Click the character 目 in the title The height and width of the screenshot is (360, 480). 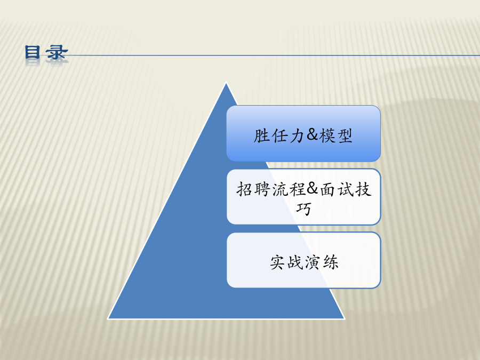[x=33, y=52]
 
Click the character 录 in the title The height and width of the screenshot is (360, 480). [x=57, y=52]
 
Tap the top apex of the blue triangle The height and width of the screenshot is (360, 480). [x=226, y=83]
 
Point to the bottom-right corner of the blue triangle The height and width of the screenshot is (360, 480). [x=345, y=319]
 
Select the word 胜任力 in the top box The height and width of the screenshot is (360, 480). [x=278, y=135]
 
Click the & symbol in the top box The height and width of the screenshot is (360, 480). [x=311, y=135]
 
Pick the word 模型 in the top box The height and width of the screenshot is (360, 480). [x=335, y=135]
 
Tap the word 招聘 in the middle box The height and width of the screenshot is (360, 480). [x=253, y=189]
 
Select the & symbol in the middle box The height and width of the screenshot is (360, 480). [x=311, y=188]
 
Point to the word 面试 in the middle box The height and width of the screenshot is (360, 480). [x=337, y=189]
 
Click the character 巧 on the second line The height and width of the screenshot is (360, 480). [x=303, y=209]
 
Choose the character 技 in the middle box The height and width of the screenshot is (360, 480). [x=363, y=189]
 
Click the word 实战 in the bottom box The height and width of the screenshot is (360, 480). [x=286, y=262]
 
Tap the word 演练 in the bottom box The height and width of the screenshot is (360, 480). [x=322, y=262]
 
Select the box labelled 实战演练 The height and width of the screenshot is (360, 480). [x=303, y=260]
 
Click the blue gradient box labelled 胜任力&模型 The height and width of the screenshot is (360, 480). [x=303, y=133]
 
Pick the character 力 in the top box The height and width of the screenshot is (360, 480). [x=296, y=135]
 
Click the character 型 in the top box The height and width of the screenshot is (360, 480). [x=345, y=135]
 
